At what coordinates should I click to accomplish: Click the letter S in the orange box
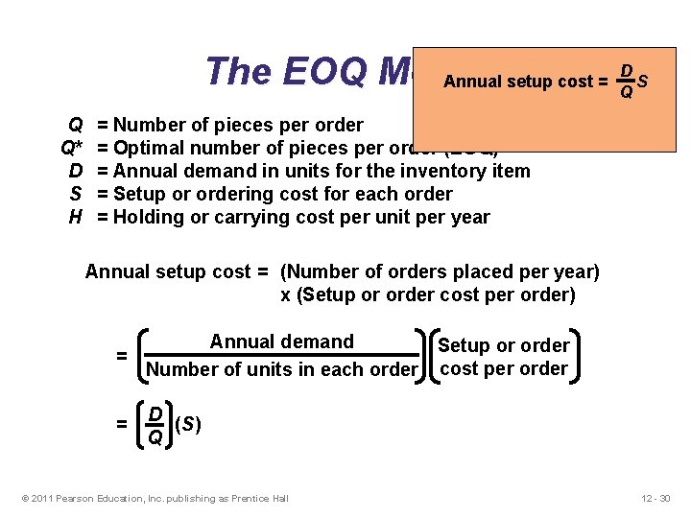(642, 82)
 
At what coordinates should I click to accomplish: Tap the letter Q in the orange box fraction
(626, 93)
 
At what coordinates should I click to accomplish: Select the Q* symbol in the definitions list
(71, 148)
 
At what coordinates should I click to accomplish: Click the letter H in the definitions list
(75, 217)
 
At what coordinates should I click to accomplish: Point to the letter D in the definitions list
(75, 171)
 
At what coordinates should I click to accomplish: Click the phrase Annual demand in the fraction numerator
(281, 342)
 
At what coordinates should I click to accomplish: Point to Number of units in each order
(281, 370)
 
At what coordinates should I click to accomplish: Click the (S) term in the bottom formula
(188, 423)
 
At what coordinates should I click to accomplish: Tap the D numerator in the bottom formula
(154, 412)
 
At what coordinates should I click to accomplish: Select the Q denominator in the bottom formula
(154, 437)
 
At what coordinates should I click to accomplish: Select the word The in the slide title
(238, 71)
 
